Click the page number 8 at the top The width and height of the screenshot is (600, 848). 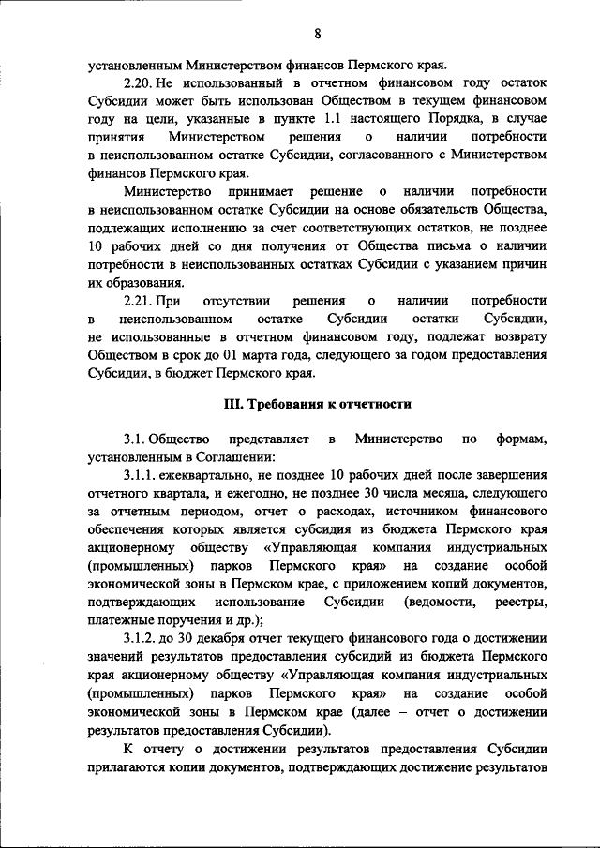point(318,35)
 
